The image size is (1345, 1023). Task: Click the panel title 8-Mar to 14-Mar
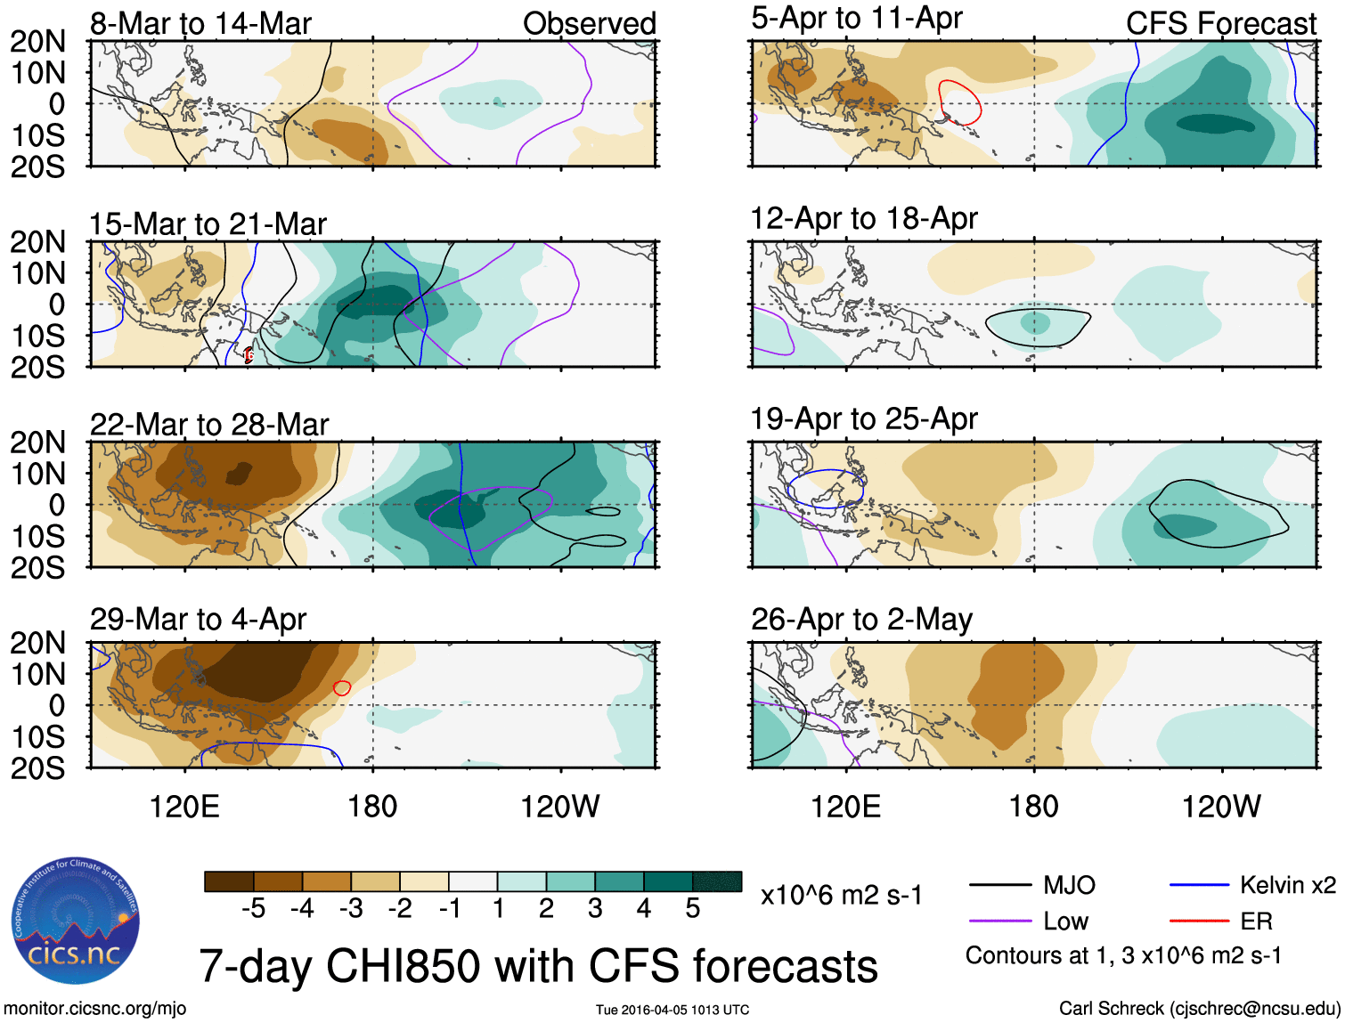click(x=200, y=23)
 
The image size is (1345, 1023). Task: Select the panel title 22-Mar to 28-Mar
click(x=209, y=424)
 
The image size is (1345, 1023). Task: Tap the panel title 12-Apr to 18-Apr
click(x=864, y=218)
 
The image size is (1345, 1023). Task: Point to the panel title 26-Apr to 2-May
click(x=861, y=619)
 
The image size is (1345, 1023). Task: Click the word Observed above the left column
click(x=589, y=24)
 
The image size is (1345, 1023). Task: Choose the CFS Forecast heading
click(x=1220, y=24)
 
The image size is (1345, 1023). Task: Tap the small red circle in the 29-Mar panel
click(x=341, y=687)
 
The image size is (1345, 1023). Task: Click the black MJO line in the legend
click(x=999, y=885)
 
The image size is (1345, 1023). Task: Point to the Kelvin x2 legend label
click(x=1287, y=885)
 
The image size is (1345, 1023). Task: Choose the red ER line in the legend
click(x=1199, y=921)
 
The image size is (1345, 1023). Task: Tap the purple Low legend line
click(x=999, y=921)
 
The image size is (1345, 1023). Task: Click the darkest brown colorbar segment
click(x=229, y=881)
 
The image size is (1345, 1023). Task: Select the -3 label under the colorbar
click(x=351, y=908)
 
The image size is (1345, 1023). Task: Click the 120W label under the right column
click(x=1221, y=807)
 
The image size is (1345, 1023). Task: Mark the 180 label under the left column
click(x=372, y=807)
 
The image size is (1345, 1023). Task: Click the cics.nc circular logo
click(x=76, y=921)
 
